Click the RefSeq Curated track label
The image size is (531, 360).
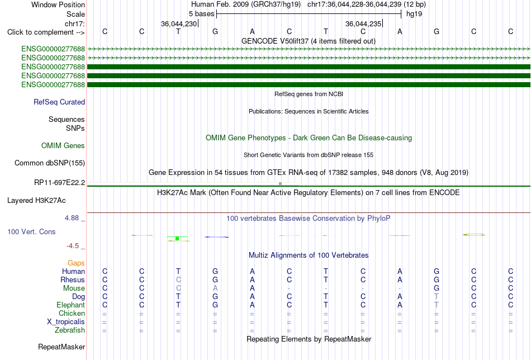click(59, 102)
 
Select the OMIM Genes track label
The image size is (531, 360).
click(63, 146)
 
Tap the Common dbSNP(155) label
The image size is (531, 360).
click(50, 163)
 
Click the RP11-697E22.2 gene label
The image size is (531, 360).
click(60, 183)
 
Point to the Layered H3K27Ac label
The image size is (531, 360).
click(36, 201)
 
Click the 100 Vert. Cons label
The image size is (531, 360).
click(31, 231)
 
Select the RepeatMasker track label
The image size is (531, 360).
click(61, 347)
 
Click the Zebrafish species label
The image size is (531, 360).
click(70, 330)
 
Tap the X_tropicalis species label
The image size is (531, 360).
click(66, 322)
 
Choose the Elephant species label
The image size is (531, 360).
click(71, 305)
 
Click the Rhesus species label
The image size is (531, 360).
click(73, 280)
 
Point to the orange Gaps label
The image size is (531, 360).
click(76, 263)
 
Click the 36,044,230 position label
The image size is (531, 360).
click(179, 23)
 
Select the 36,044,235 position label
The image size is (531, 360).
click(363, 23)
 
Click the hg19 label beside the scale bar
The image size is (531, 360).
click(414, 14)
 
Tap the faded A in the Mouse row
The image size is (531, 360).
click(215, 288)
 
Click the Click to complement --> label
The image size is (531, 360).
click(46, 32)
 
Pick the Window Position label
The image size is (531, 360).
click(58, 4)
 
